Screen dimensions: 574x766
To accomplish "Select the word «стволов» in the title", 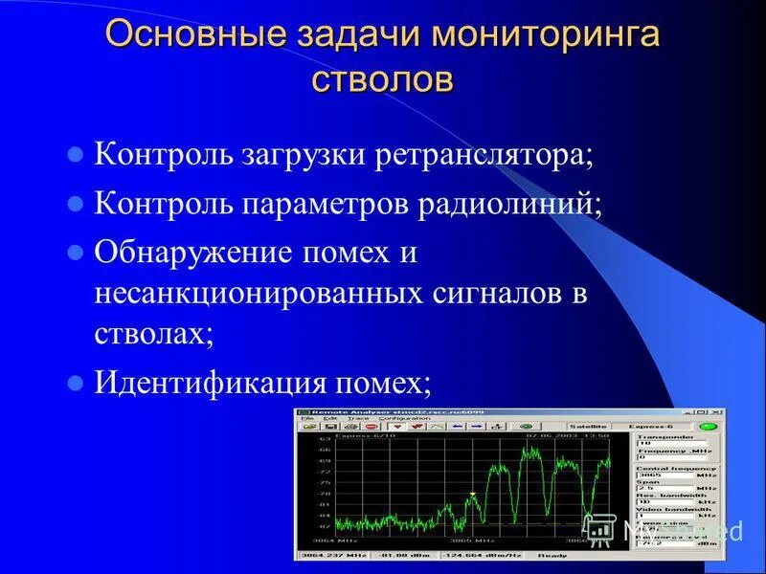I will click(382, 78).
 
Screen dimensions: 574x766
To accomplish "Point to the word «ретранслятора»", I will click(491, 155).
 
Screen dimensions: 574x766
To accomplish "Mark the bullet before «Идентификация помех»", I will click(76, 383).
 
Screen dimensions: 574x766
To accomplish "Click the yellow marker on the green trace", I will click(472, 494).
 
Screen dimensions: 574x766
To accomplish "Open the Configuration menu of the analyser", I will click(404, 418).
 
